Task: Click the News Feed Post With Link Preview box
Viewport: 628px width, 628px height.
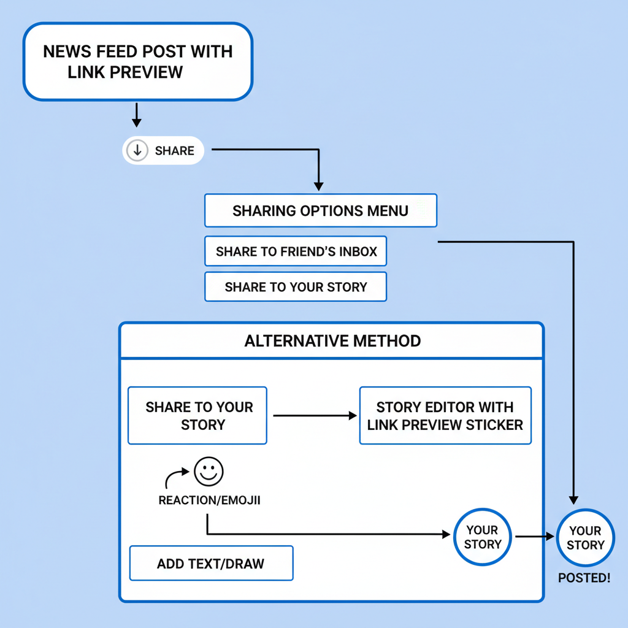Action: (137, 61)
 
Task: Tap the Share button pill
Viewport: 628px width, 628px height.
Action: (163, 150)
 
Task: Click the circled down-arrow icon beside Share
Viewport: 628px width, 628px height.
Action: (137, 150)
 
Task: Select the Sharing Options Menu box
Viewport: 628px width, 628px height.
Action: (320, 211)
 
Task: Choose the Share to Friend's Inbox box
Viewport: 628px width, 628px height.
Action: (296, 251)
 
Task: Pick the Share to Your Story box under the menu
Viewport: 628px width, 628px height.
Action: (296, 287)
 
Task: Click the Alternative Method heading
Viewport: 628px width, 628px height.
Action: (332, 341)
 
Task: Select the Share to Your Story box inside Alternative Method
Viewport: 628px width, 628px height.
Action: (197, 416)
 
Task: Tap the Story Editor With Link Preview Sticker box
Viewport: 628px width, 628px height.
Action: (445, 416)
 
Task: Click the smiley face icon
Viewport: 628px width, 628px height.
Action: (209, 471)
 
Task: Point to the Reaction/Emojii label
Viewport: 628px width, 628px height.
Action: (209, 500)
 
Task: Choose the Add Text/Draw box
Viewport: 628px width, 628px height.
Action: (211, 563)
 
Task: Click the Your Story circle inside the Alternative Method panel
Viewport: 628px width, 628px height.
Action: (482, 537)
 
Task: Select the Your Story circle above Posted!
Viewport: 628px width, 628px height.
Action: (586, 538)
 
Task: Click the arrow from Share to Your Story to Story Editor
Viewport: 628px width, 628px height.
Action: (314, 416)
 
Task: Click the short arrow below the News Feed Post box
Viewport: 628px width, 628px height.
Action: (137, 115)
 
